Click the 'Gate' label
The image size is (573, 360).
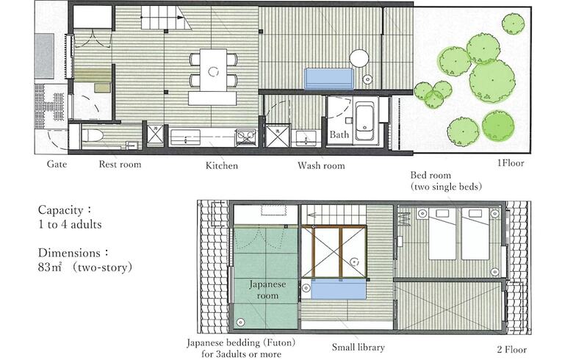pos(57,164)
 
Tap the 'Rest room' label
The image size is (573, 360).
pos(120,164)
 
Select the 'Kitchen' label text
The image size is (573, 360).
pos(221,165)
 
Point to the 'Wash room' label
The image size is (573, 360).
pos(321,165)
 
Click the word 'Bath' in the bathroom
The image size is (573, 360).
pos(339,134)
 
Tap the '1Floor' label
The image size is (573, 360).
pos(511,163)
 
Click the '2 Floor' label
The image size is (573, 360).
pos(511,350)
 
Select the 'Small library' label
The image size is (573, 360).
pos(358,348)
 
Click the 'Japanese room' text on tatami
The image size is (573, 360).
pos(267,289)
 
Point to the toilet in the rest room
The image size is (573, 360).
pos(92,136)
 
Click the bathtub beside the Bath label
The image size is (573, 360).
pos(364,120)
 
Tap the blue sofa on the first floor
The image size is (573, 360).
pos(329,79)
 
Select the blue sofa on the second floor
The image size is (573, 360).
pos(339,289)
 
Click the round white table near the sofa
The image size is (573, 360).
pos(358,59)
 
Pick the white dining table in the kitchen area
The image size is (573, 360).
pos(214,71)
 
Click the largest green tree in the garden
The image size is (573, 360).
pos(492,81)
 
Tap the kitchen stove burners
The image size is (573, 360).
pos(245,137)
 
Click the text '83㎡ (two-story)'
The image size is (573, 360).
pos(84,267)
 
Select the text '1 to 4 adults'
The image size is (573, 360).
pos(70,224)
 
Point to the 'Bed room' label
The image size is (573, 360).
pos(430,175)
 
